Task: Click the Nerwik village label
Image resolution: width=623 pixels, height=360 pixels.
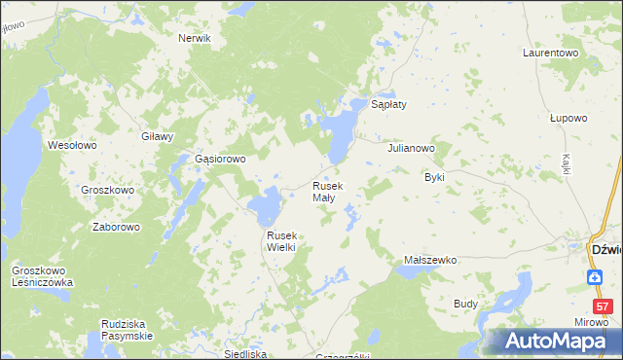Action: coord(195,38)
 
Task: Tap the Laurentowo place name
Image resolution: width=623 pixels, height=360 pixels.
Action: coord(551,52)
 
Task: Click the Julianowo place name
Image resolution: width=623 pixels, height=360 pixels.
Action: coord(410,149)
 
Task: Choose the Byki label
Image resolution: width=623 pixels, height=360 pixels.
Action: coord(434,178)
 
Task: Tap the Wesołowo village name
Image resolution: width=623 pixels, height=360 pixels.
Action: coord(72,145)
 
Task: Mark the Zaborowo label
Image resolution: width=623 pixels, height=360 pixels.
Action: coord(116,227)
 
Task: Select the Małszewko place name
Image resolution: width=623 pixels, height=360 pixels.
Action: coord(430,261)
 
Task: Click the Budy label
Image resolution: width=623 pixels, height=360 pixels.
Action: coord(465,304)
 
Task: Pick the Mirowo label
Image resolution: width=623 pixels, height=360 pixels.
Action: coord(587,321)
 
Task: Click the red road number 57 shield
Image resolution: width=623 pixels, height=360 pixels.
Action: coord(604,306)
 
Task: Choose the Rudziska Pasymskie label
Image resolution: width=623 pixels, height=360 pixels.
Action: coord(128,330)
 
